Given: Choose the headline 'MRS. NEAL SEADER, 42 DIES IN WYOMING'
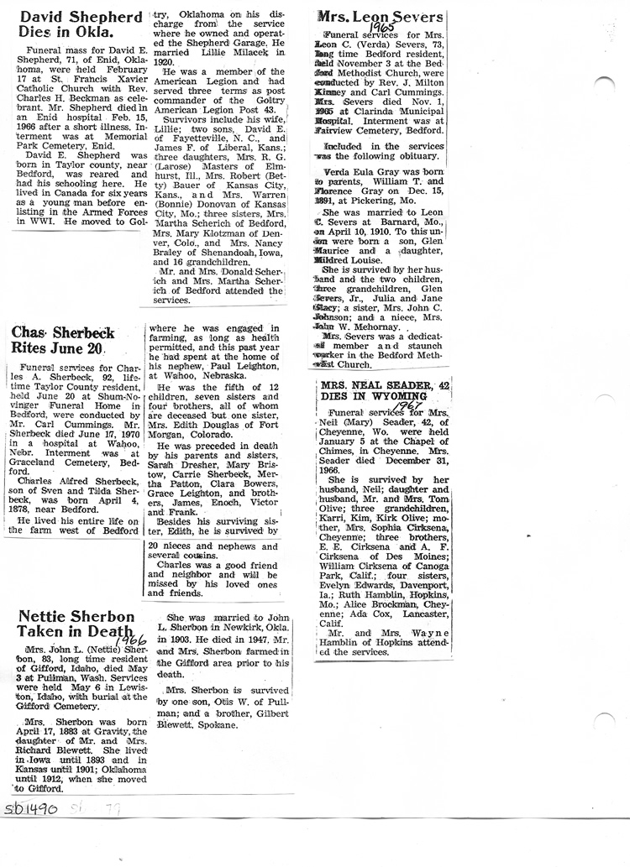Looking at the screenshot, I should (x=382, y=391).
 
